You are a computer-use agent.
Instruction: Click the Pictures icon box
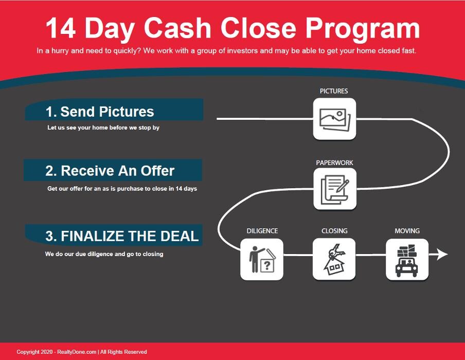[x=334, y=119]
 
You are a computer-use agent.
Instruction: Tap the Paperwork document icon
[x=335, y=189]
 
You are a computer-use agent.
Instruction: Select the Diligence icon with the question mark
[x=262, y=259]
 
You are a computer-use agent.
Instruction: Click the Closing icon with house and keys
[x=334, y=259]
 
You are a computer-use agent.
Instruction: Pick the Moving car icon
[x=407, y=259]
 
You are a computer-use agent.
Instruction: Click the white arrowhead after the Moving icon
[x=442, y=255]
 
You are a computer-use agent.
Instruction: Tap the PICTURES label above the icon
[x=334, y=91]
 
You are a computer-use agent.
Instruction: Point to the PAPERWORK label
[x=334, y=163]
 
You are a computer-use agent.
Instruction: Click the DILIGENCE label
[x=262, y=231]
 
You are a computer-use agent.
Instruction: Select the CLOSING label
[x=334, y=231]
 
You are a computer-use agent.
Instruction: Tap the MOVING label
[x=407, y=231]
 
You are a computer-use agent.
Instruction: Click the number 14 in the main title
[x=61, y=28]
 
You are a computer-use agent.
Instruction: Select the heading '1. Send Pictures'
[x=100, y=112]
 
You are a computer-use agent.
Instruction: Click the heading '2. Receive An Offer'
[x=110, y=171]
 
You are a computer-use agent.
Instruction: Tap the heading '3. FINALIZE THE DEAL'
[x=122, y=236]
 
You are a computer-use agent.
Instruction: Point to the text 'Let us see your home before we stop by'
[x=103, y=128]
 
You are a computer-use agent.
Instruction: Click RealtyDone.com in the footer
[x=77, y=352]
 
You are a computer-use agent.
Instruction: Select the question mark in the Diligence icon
[x=267, y=265]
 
